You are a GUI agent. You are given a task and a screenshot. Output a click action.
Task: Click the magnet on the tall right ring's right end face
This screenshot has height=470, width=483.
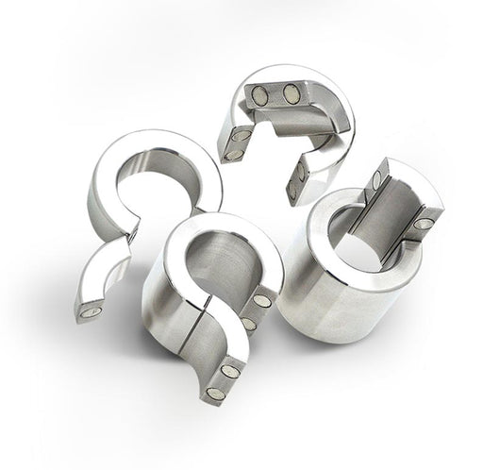click(422, 224)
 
